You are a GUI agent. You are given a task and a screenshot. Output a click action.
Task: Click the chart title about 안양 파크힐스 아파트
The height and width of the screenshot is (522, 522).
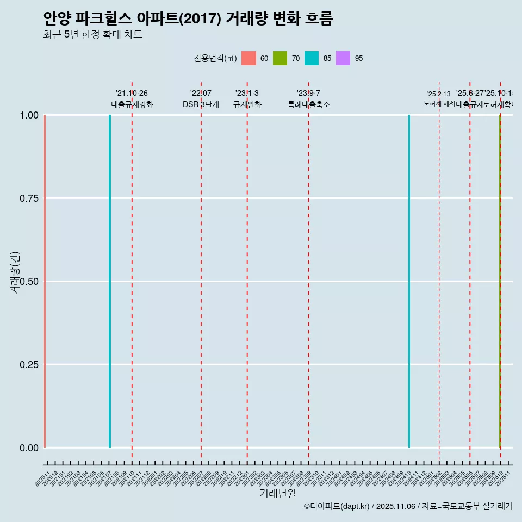[x=188, y=18]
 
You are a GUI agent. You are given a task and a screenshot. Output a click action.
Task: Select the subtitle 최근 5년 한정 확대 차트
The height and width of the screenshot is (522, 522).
[x=92, y=35]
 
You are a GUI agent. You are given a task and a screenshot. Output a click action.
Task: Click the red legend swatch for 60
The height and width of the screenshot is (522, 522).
[x=248, y=58]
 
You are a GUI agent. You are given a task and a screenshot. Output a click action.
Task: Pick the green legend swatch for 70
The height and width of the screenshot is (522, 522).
[x=280, y=58]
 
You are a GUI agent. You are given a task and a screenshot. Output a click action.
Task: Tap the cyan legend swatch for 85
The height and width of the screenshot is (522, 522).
[x=312, y=58]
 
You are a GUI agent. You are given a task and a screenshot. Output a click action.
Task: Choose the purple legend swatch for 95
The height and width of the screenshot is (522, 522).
[x=343, y=58]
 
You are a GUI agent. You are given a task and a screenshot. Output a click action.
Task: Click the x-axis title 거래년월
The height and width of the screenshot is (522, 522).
[x=277, y=493]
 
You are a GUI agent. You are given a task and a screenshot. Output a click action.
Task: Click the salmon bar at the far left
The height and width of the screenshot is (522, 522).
[x=45, y=281]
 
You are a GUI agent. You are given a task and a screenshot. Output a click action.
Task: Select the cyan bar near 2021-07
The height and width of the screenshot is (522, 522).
[x=110, y=281]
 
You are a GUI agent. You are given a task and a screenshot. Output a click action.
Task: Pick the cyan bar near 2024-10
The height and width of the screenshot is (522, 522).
[x=409, y=281]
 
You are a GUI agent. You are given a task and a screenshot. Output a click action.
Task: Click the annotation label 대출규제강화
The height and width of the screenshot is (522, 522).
[x=132, y=104]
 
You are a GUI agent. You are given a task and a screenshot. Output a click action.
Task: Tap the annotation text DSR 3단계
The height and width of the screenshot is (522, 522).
[x=201, y=104]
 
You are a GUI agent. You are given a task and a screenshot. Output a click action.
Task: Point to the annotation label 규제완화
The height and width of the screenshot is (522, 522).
[x=247, y=104]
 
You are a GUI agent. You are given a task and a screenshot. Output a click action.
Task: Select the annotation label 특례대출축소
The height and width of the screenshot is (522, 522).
[x=309, y=104]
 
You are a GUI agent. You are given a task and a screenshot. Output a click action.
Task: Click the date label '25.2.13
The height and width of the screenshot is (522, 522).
[x=439, y=94]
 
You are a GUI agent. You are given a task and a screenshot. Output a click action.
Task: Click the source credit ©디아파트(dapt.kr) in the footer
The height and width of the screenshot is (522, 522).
[x=337, y=506]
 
